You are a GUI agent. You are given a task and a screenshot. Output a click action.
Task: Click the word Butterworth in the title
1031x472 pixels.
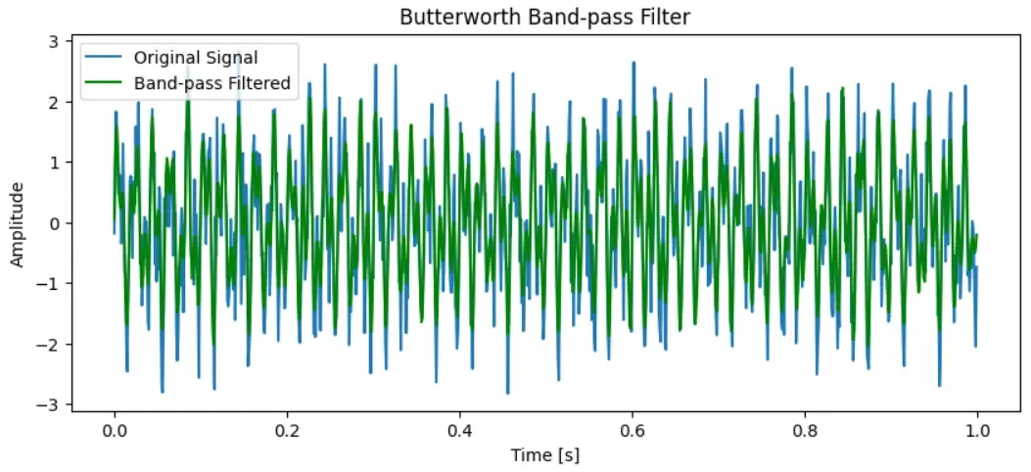click(445, 18)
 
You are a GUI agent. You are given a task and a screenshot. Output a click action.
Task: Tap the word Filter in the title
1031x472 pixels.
click(668, 18)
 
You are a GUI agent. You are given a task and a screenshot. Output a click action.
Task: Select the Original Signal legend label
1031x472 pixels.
click(196, 58)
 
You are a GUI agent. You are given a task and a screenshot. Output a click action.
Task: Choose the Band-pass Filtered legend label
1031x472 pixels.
click(212, 83)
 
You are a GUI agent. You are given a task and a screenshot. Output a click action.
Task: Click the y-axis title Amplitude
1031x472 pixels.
click(18, 223)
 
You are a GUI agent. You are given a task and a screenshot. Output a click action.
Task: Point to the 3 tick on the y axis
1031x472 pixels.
click(54, 40)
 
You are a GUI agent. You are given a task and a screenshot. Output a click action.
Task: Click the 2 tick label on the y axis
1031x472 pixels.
click(54, 102)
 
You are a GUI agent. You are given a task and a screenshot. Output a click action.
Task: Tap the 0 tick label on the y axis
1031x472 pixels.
click(54, 223)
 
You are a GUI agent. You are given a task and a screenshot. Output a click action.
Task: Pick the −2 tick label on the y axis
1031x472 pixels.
click(49, 345)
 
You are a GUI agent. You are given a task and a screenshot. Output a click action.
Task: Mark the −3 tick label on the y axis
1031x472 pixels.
click(49, 405)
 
